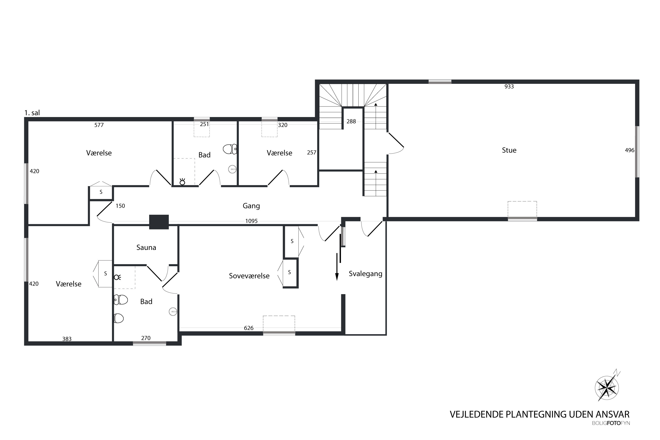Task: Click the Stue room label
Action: [509, 150]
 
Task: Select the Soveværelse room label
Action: [249, 276]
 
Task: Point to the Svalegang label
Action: [365, 274]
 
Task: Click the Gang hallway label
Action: [251, 206]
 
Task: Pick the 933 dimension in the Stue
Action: [509, 86]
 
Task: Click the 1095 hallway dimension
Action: [251, 221]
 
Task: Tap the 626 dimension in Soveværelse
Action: [249, 328]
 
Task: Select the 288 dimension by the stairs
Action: [351, 121]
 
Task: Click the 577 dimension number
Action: [99, 125]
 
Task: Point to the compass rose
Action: [607, 388]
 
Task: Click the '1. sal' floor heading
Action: [32, 113]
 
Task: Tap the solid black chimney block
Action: [159, 222]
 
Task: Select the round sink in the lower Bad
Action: [173, 312]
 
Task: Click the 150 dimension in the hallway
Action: [120, 206]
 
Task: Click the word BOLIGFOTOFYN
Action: [611, 423]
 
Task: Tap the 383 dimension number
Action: [67, 339]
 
